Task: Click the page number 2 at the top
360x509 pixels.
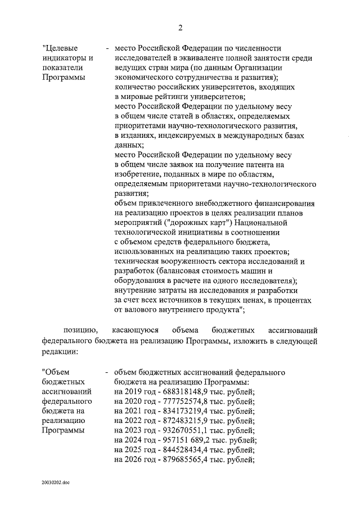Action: click(181, 28)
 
